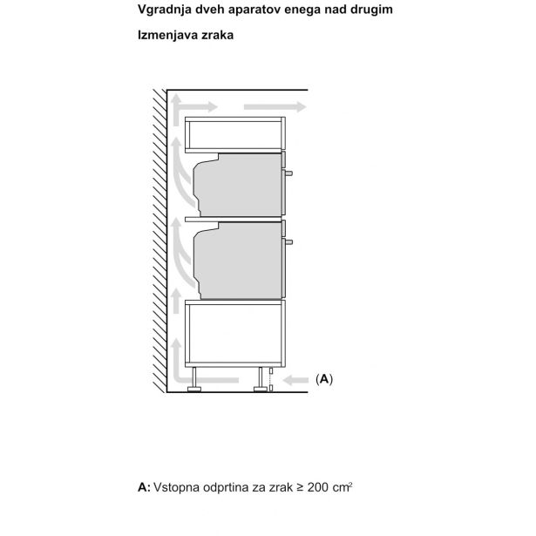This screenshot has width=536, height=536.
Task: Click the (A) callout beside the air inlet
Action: pos(324,379)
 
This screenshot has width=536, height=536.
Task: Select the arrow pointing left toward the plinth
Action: pos(296,379)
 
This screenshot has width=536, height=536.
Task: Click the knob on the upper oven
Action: pos(288,173)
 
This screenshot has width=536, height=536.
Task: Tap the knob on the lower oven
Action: pos(288,242)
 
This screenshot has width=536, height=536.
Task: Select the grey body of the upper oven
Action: pos(238,185)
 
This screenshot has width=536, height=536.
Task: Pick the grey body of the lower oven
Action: pos(238,261)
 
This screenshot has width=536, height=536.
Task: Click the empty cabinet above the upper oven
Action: pos(235,135)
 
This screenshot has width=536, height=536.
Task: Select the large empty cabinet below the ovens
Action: pos(235,334)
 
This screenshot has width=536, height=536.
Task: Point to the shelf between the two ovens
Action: pos(233,219)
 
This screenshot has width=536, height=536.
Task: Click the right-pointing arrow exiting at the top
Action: pos(275,107)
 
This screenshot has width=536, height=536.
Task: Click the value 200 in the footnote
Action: pos(319,487)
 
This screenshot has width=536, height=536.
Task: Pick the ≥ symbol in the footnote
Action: pos(300,487)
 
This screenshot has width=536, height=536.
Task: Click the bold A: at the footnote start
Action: pos(144,487)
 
